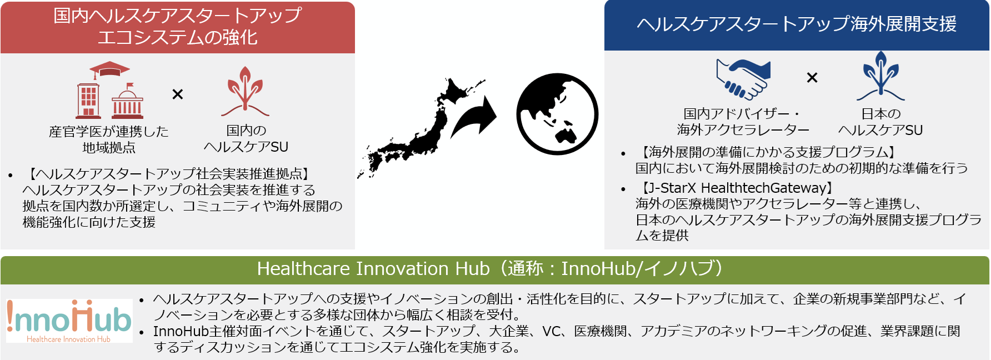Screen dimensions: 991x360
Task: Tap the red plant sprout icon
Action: [245, 92]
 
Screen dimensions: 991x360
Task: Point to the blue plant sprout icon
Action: [880, 76]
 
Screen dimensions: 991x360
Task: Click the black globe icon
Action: [557, 114]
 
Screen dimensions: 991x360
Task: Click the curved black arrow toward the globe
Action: [473, 117]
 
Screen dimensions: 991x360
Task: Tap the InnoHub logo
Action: [69, 321]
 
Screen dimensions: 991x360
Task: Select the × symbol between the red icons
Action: [178, 94]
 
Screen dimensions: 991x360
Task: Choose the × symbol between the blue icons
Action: [812, 78]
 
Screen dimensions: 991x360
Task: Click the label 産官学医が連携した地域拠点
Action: [109, 139]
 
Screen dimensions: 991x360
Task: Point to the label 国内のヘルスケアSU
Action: [246, 138]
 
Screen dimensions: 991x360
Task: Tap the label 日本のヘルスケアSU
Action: [880, 122]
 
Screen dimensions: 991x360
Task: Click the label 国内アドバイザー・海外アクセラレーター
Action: [743, 122]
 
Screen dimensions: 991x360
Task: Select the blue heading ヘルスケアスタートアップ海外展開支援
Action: [797, 24]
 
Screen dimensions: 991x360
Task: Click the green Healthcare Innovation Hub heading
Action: [491, 269]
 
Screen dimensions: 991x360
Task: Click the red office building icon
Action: [88, 100]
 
